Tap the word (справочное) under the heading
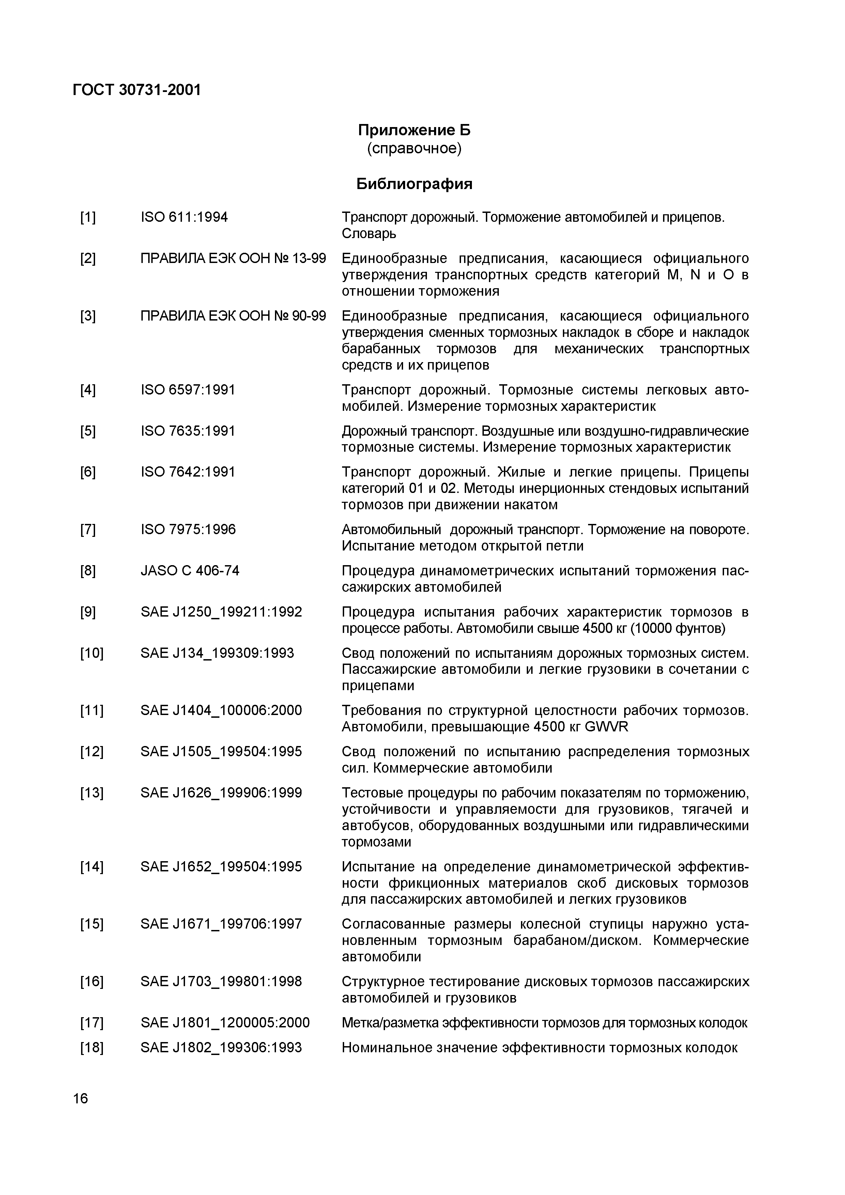(x=414, y=149)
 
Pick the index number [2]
(x=88, y=259)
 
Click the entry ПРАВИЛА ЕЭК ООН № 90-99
(x=233, y=316)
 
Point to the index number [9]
(x=88, y=612)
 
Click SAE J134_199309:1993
(x=217, y=653)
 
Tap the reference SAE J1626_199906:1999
(x=221, y=793)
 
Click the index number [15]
(x=92, y=925)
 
